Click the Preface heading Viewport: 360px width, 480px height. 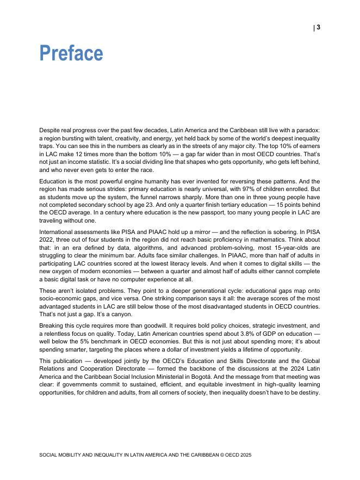click(x=71, y=53)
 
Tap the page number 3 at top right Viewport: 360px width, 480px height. click(x=318, y=27)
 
